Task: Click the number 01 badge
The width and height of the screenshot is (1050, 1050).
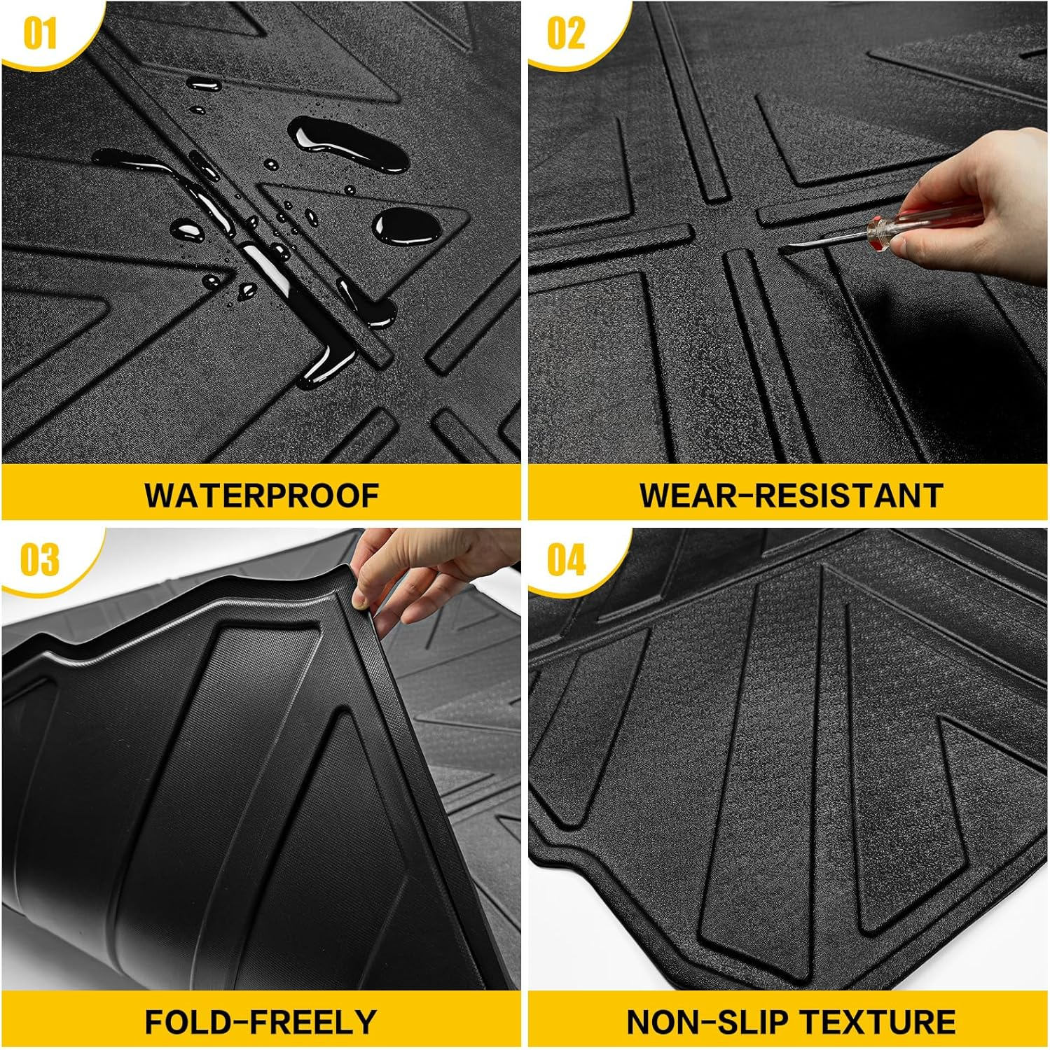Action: tap(40, 33)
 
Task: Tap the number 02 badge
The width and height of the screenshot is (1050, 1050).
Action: tap(565, 33)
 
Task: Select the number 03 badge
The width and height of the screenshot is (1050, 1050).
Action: tap(40, 560)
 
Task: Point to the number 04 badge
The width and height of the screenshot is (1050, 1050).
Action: tap(566, 560)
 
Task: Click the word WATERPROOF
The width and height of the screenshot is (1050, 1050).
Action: tap(261, 496)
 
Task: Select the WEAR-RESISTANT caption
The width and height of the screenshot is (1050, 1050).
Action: tap(790, 496)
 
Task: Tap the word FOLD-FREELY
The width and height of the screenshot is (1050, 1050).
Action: tap(261, 1022)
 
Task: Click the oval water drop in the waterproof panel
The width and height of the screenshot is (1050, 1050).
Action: tap(406, 225)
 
